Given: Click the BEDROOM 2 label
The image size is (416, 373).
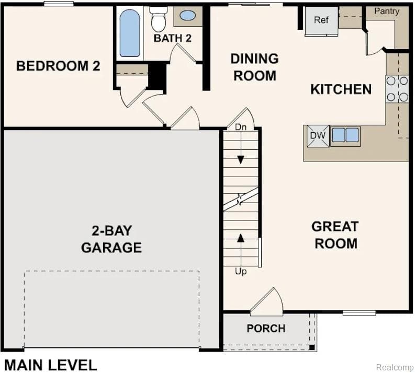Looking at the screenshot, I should (x=58, y=66).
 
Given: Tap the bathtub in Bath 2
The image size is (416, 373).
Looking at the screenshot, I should (x=129, y=33).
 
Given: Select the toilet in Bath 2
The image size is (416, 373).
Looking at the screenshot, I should (x=159, y=19).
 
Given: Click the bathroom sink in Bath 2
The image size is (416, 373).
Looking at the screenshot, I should (x=187, y=15).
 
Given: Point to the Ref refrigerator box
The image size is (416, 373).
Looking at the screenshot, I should (x=321, y=20).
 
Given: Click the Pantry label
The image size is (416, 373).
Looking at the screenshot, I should (x=387, y=11).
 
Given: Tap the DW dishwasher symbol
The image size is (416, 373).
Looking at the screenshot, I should (x=318, y=136).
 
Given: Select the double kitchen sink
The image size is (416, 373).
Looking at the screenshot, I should (x=345, y=135).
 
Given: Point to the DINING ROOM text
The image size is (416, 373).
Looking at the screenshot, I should (x=254, y=67).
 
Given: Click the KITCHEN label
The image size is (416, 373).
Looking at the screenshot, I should (x=341, y=89).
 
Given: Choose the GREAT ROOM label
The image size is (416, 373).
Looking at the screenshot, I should (x=335, y=235).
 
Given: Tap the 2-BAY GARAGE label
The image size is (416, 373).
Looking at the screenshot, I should (x=111, y=239).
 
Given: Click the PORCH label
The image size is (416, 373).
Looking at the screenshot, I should (x=266, y=329).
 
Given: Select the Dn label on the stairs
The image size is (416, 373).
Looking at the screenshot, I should (x=241, y=127).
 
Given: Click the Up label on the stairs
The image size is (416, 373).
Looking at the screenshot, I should (x=241, y=272).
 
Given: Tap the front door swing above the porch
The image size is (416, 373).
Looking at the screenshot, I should (x=268, y=302).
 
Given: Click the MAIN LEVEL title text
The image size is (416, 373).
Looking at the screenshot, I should (x=51, y=365).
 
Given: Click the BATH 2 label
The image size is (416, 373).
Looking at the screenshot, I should (x=173, y=38).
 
